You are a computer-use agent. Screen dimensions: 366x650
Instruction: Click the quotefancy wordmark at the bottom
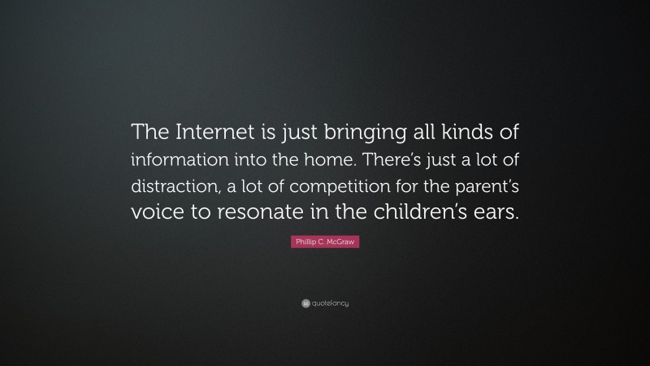(x=331, y=303)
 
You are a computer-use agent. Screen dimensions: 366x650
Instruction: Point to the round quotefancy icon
(x=305, y=303)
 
